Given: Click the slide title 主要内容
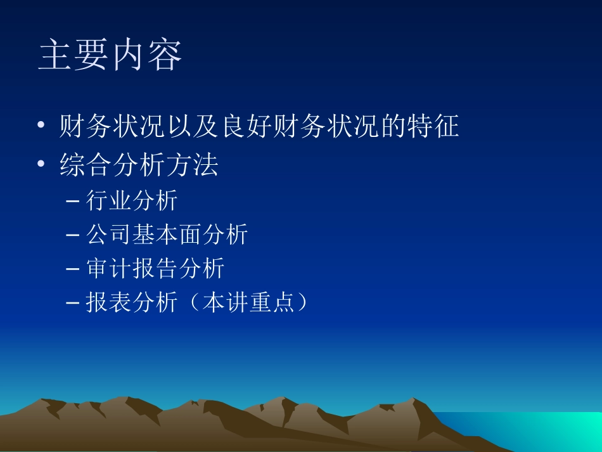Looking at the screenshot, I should click(110, 56).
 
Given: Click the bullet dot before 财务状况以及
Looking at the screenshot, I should click(41, 127).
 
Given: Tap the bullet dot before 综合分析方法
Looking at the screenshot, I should click(41, 165).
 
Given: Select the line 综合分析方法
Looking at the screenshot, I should click(139, 165).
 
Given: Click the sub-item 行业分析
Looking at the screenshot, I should click(132, 201).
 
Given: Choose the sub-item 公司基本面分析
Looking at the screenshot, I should click(167, 235).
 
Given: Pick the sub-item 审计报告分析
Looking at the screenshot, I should click(155, 269).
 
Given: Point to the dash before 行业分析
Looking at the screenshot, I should click(73, 202).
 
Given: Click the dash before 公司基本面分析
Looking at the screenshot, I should click(73, 236).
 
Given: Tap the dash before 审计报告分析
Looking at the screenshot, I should click(73, 269).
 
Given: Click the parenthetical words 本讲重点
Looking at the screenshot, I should click(248, 303).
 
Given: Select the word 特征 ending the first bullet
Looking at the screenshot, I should click(437, 127).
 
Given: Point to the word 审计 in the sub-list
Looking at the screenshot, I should click(109, 269).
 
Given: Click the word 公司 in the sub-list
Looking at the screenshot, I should click(109, 235).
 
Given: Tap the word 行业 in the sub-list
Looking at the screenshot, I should click(109, 201).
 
